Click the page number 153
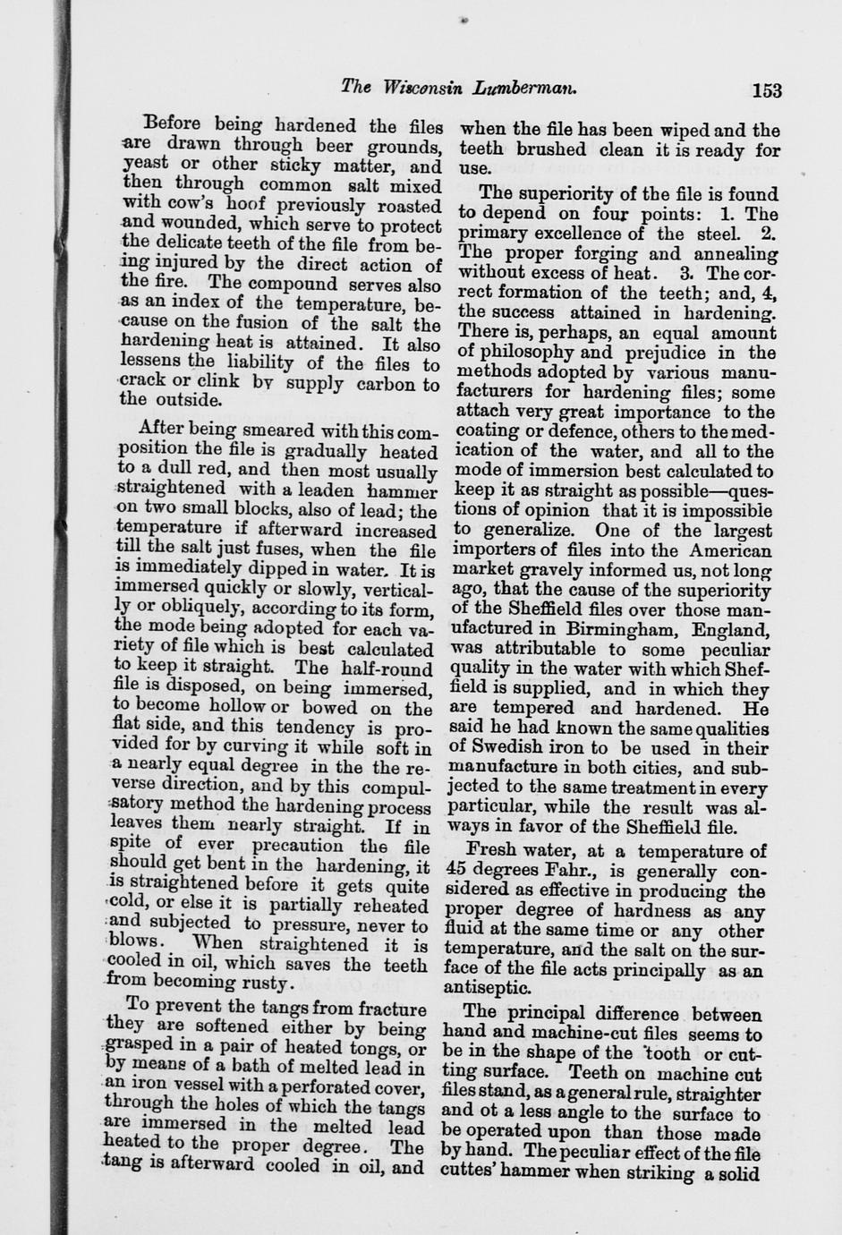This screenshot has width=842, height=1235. click(767, 90)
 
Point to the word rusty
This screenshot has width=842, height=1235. click(266, 984)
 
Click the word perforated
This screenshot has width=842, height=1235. click(316, 1088)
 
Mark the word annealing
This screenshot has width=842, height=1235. click(734, 253)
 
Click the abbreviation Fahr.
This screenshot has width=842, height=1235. click(589, 871)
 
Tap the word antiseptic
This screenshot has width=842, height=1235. click(487, 989)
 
